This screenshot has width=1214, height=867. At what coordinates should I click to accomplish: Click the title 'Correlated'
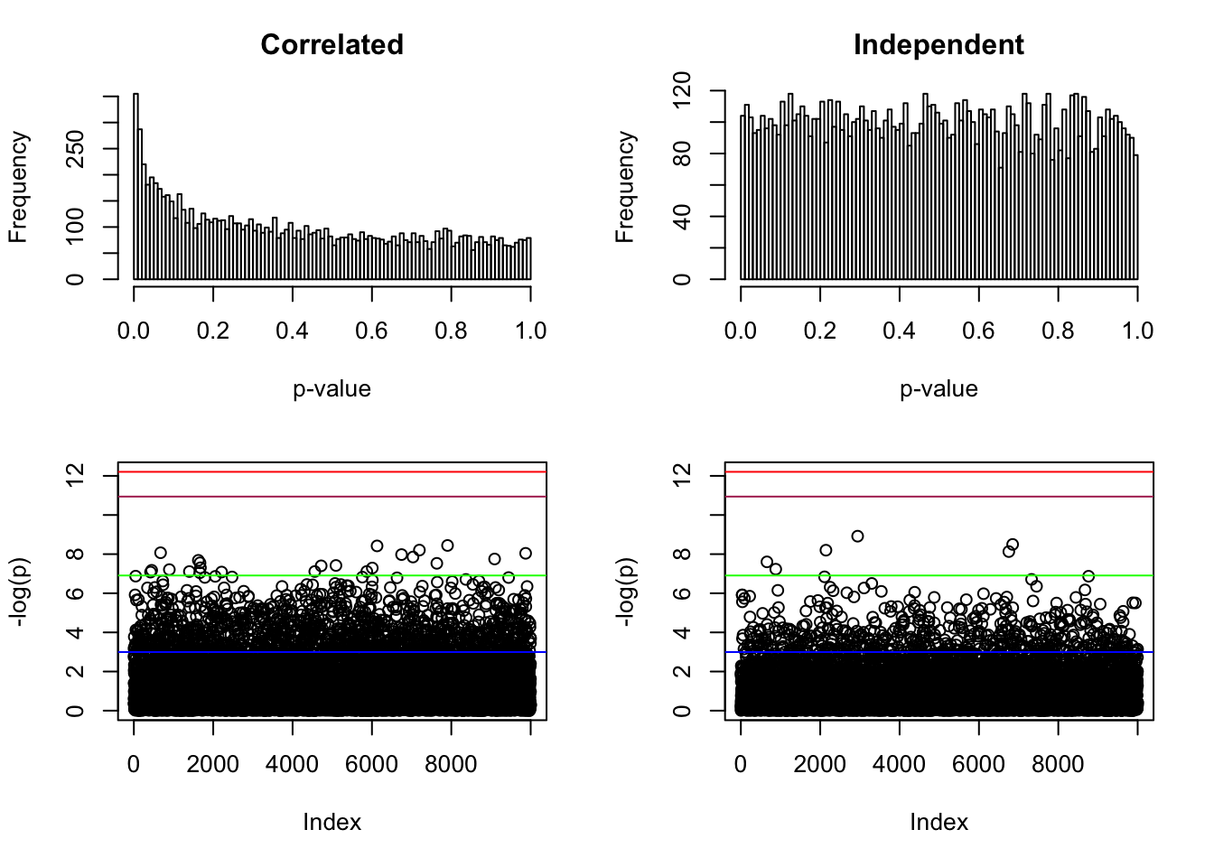pyautogui.click(x=332, y=45)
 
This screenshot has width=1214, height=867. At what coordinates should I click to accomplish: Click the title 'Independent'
pyautogui.click(x=939, y=45)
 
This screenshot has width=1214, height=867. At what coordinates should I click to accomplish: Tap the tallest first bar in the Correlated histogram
pyautogui.click(x=135, y=186)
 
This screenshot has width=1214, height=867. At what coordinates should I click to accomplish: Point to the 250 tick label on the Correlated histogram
pyautogui.click(x=75, y=149)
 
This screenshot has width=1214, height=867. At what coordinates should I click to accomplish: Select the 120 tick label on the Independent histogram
pyautogui.click(x=682, y=91)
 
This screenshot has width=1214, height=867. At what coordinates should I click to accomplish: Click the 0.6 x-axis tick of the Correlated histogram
pyautogui.click(x=371, y=331)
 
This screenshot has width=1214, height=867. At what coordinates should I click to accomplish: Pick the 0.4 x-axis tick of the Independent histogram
pyautogui.click(x=899, y=331)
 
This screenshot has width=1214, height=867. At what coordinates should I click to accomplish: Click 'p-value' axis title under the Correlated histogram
pyautogui.click(x=332, y=389)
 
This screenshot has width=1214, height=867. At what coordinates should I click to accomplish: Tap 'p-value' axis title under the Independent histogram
pyautogui.click(x=939, y=389)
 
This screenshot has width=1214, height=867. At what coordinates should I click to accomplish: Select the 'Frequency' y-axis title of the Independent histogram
pyautogui.click(x=625, y=187)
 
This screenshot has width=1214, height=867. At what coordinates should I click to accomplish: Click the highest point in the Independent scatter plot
pyautogui.click(x=857, y=536)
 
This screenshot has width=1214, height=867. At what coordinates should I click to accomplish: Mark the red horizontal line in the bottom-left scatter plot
pyautogui.click(x=332, y=471)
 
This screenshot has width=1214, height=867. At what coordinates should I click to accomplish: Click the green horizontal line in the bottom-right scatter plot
pyautogui.click(x=939, y=575)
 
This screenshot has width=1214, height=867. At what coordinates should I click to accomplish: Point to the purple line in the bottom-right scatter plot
pyautogui.click(x=939, y=497)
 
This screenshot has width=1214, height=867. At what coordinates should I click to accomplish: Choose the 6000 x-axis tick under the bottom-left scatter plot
pyautogui.click(x=371, y=764)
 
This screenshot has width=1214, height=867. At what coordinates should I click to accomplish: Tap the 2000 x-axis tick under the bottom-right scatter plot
pyautogui.click(x=819, y=764)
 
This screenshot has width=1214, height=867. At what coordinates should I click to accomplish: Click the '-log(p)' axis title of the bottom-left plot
pyautogui.click(x=19, y=592)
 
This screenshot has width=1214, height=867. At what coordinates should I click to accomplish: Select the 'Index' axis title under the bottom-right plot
pyautogui.click(x=939, y=823)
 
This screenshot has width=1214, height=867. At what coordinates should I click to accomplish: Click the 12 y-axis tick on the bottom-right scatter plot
pyautogui.click(x=682, y=473)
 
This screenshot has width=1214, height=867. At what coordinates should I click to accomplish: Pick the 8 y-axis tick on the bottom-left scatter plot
pyautogui.click(x=75, y=554)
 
